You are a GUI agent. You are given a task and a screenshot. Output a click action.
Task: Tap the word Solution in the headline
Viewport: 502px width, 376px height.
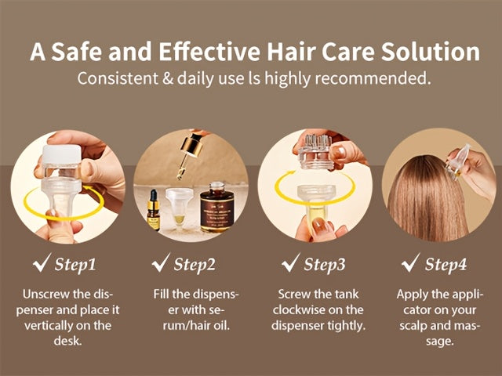424,52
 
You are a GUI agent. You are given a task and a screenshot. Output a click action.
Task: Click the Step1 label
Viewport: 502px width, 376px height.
75,264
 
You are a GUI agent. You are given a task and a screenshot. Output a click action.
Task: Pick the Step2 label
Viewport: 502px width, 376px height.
194,264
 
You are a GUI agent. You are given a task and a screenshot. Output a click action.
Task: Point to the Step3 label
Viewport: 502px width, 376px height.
324,264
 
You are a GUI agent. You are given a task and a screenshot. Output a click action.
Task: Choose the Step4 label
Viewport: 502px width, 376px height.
446,264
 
